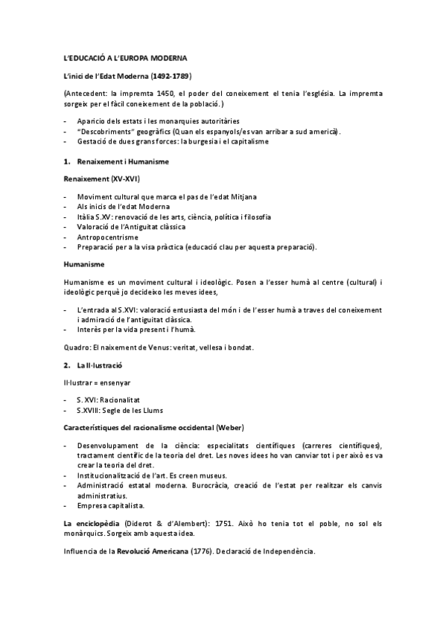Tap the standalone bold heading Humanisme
click(x=83, y=265)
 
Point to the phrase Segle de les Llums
click(x=132, y=409)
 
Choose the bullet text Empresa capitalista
click(x=111, y=505)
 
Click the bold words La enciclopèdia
click(x=92, y=524)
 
